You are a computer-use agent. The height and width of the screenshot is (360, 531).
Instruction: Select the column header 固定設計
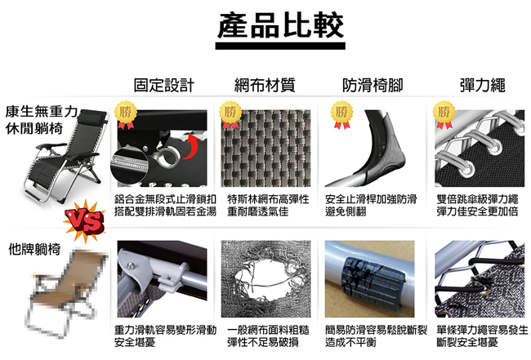(164, 85)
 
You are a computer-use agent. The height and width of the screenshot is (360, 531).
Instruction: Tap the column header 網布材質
(264, 85)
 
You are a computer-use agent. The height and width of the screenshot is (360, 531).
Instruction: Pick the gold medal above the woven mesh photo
(231, 115)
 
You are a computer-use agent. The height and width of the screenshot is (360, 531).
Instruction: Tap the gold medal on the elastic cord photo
(444, 115)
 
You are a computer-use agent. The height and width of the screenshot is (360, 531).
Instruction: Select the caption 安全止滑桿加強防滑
(371, 199)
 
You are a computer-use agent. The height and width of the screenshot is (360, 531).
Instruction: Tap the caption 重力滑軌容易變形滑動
(165, 330)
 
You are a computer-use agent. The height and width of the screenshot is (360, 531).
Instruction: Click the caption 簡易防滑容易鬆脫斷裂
(372, 330)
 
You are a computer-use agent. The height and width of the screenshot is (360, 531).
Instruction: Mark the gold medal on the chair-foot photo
(339, 115)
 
